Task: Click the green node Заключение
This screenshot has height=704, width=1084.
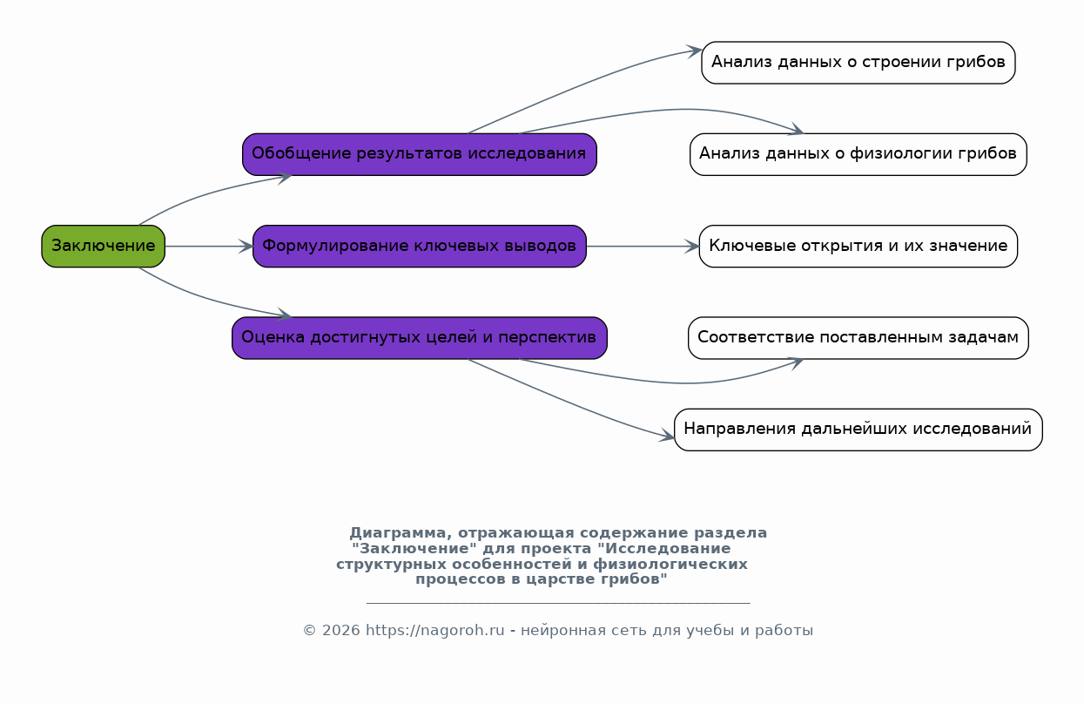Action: [x=103, y=246]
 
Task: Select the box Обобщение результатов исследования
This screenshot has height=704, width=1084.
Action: [x=419, y=154]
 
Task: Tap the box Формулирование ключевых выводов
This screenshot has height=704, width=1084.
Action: [x=419, y=246]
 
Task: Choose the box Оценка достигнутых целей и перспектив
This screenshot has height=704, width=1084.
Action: [x=419, y=338]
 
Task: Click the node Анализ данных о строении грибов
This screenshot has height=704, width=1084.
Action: [x=858, y=63]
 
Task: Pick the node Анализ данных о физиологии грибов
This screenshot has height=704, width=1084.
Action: [x=858, y=154]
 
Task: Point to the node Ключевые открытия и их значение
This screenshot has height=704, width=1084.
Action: [x=858, y=246]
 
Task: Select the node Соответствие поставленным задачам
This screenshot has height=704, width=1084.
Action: [x=858, y=338]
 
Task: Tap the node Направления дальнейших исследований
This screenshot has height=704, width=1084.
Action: [x=858, y=430]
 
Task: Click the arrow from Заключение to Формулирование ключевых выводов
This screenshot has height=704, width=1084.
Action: [x=209, y=247]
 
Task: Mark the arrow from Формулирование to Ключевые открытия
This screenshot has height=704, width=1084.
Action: [x=643, y=247]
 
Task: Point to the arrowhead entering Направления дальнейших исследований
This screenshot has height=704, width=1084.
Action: [x=667, y=436]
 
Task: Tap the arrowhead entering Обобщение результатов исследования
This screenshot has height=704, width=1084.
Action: [x=284, y=177]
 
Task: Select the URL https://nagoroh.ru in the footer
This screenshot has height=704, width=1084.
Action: [x=435, y=631]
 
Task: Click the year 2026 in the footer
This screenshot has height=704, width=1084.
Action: [x=340, y=631]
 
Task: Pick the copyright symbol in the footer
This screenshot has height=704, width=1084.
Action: [x=310, y=631]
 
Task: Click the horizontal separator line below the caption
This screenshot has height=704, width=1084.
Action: [x=558, y=603]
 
